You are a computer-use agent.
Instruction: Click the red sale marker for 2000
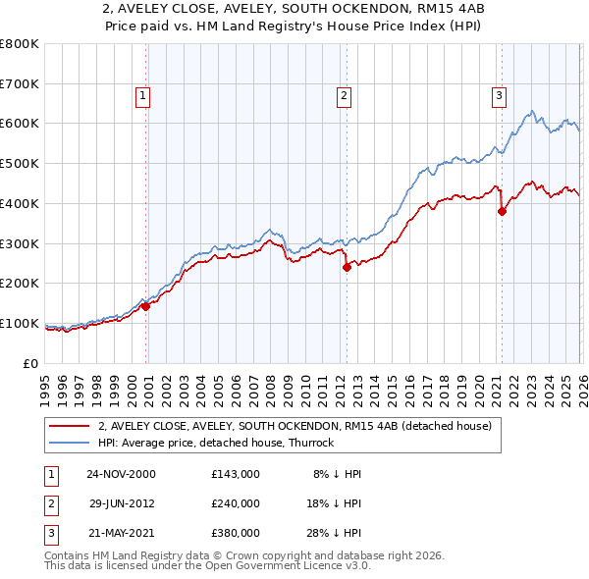(146, 306)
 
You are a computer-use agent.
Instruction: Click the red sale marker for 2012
(347, 267)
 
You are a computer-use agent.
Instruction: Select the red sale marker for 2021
(502, 211)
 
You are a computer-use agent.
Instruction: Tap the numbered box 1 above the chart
(143, 96)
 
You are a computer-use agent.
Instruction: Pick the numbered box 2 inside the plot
(344, 96)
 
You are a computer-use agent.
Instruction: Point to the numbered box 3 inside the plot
(499, 96)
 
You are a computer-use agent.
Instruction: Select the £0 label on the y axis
(31, 363)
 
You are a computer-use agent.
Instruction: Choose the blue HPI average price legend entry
(216, 443)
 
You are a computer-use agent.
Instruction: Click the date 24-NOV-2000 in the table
(121, 474)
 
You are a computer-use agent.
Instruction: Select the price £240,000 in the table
(236, 503)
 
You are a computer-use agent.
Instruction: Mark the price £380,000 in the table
(236, 533)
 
